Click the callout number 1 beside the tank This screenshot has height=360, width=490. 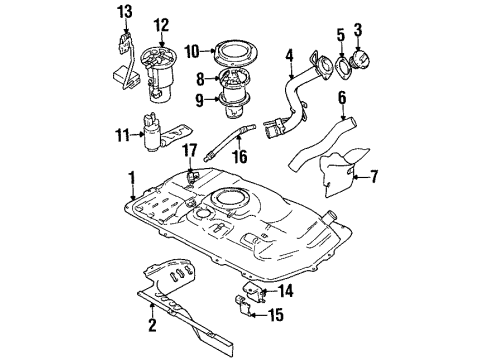click(130, 181)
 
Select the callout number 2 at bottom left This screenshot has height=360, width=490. click(152, 323)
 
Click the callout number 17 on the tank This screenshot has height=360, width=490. click(187, 151)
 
